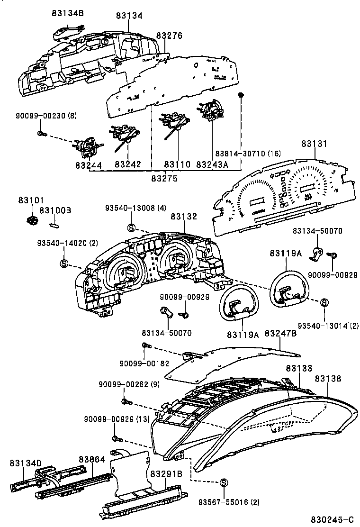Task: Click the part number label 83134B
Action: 68,13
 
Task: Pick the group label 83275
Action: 164,178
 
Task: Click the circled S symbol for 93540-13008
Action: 132,227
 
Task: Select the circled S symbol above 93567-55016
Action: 223,482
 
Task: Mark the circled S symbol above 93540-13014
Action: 325,302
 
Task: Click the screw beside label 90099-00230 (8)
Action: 41,134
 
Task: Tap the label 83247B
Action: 280,334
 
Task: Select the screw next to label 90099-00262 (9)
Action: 126,402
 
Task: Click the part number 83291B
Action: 166,473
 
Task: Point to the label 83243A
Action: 212,164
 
